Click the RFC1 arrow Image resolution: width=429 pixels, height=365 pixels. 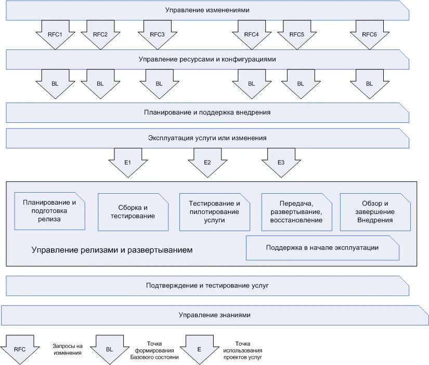point(55,35)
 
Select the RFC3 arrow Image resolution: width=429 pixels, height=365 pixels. point(158,35)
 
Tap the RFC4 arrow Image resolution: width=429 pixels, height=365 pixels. point(252,35)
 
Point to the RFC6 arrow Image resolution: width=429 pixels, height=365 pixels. point(370,35)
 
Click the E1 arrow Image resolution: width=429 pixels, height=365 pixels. point(128,163)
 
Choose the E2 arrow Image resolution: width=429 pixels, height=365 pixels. point(207,163)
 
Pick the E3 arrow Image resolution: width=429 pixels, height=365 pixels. point(281,163)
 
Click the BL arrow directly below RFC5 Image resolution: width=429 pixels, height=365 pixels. point(301,84)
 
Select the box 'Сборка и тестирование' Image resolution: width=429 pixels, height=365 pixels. point(133,212)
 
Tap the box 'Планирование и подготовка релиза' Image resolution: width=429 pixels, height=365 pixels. point(49,211)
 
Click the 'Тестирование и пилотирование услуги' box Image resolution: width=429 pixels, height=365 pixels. point(214,212)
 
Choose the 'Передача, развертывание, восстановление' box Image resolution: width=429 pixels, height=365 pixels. point(296,212)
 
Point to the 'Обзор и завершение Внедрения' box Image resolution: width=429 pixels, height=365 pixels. point(375,212)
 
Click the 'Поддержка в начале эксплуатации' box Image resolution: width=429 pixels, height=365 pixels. point(322,248)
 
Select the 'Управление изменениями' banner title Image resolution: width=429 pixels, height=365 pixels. point(207,10)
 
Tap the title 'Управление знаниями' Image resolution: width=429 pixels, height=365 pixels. point(214,315)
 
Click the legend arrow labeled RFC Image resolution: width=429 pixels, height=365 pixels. point(20,350)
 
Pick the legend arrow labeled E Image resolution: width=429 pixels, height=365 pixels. point(200,350)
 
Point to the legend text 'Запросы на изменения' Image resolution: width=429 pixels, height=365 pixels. point(68,350)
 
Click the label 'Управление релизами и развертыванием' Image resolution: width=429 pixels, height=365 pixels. point(112,250)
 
